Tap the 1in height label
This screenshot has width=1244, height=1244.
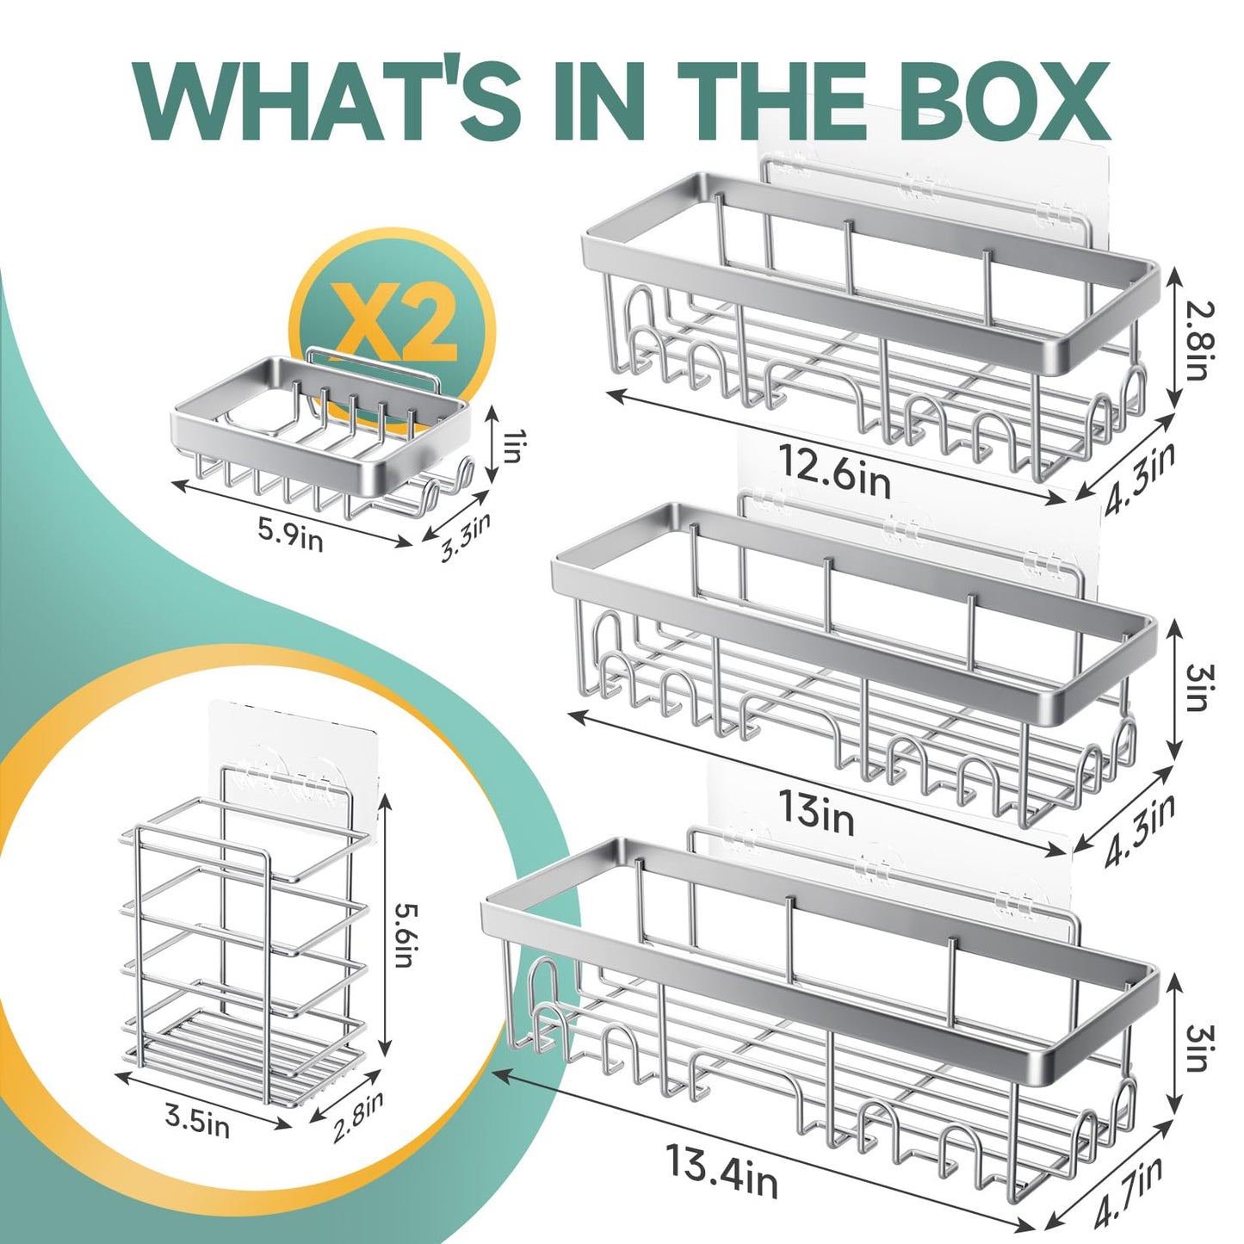click(x=512, y=448)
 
